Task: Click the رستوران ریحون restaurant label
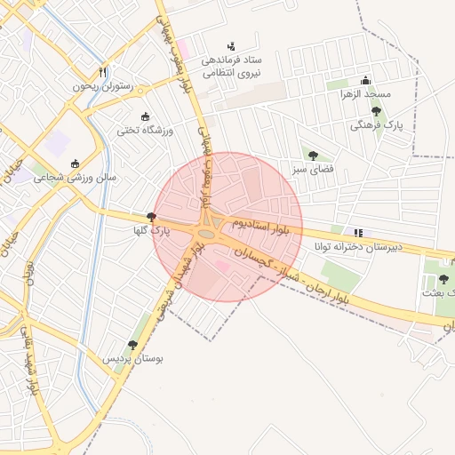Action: click(103, 87)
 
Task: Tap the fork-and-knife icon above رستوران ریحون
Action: click(103, 72)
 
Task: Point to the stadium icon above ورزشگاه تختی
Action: click(146, 116)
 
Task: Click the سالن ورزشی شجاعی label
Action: click(75, 178)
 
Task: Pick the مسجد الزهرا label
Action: click(366, 94)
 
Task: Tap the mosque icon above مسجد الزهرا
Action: click(365, 79)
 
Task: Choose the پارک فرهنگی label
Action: click(376, 126)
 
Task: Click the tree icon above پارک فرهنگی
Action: click(376, 111)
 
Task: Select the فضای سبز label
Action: click(313, 169)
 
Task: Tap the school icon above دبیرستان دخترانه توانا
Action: click(358, 232)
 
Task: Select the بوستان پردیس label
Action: click(132, 359)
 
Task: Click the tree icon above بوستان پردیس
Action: click(132, 344)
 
